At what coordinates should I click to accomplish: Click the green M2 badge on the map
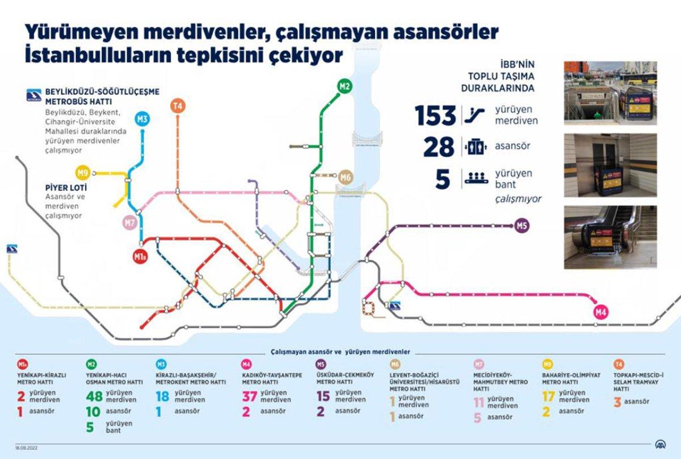point(344,86)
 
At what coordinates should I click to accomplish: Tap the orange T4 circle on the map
point(178,105)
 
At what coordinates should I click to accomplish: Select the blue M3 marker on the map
point(142,119)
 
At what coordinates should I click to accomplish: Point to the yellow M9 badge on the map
point(83,173)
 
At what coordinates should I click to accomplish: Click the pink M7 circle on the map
point(130,223)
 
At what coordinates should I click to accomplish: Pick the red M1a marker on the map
point(141,257)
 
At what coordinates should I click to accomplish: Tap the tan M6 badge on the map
point(346,177)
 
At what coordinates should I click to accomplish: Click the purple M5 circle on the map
point(522,226)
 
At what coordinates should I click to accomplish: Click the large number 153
point(435,116)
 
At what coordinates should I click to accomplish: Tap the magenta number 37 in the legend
point(250,397)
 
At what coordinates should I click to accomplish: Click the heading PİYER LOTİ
point(65,186)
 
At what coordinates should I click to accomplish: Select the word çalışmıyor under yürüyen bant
point(518,199)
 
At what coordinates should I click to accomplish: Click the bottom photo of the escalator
point(610,237)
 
